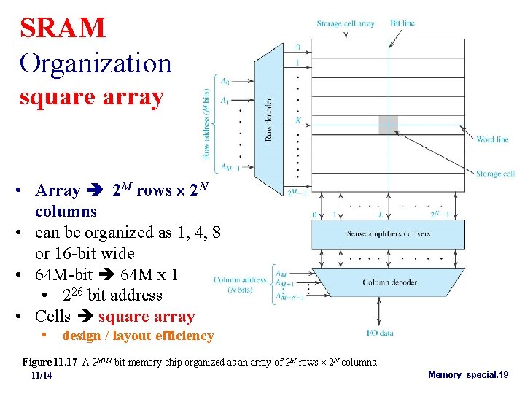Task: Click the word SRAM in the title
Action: [x=63, y=28]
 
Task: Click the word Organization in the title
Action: [x=96, y=63]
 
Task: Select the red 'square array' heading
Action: [x=91, y=97]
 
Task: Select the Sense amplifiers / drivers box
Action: [x=387, y=234]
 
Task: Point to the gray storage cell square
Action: [x=388, y=125]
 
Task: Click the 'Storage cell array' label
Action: [x=346, y=23]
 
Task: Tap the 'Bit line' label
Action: [x=402, y=23]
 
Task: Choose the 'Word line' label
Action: [x=492, y=139]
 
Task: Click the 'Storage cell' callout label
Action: [x=495, y=174]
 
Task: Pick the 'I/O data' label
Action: [x=380, y=333]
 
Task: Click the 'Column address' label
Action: [x=240, y=279]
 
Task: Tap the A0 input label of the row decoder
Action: [x=225, y=82]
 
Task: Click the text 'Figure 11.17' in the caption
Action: [x=48, y=363]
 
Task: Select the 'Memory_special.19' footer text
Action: [x=468, y=374]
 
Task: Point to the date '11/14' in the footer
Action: [x=42, y=375]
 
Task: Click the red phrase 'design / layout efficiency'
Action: [x=138, y=336]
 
